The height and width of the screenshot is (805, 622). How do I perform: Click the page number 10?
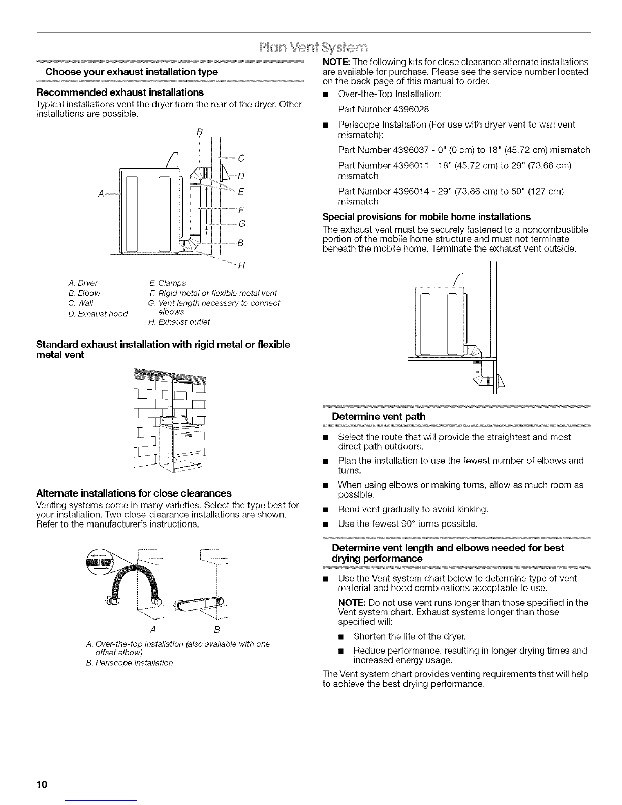(x=42, y=784)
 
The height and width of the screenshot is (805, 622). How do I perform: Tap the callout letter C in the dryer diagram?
(x=241, y=158)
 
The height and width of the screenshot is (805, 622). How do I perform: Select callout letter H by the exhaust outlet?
(x=241, y=265)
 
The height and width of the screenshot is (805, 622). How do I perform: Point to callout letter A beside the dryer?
(x=101, y=194)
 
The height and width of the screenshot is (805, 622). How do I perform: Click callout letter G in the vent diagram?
(x=242, y=224)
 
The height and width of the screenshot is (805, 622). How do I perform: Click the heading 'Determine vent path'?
(x=379, y=416)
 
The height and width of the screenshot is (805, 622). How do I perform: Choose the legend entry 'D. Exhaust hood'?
(x=98, y=314)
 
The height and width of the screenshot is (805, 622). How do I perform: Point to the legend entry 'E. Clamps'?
(x=168, y=283)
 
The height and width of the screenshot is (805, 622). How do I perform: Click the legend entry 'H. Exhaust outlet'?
(x=179, y=322)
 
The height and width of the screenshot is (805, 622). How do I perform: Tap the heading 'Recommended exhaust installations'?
(x=120, y=92)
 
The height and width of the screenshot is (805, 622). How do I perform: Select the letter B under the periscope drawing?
(x=217, y=629)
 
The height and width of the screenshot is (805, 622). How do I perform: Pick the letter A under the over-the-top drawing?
(x=153, y=629)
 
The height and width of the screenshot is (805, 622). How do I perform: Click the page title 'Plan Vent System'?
(x=314, y=48)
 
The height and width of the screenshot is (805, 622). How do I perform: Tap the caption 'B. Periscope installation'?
(x=130, y=663)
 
